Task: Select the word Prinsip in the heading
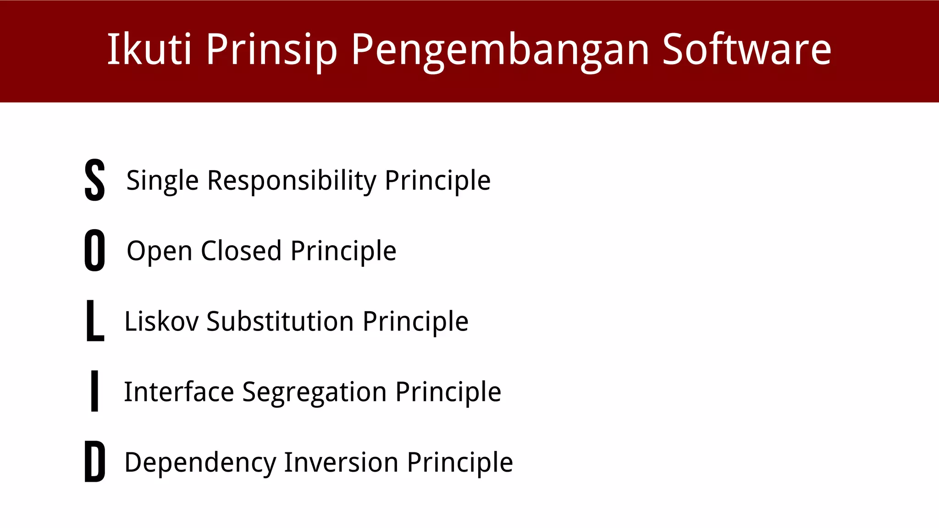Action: [x=271, y=49]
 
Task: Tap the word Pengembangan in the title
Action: [x=500, y=49]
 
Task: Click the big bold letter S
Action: [x=95, y=180]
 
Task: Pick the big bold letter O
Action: [x=95, y=250]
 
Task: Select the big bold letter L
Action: [x=95, y=320]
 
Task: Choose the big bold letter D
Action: [x=95, y=462]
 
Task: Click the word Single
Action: [x=162, y=181]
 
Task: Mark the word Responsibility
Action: [x=292, y=181]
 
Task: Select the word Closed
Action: [x=241, y=251]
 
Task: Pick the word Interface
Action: [x=179, y=392]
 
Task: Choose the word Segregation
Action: [x=314, y=393]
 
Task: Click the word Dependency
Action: [x=200, y=462]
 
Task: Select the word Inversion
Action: [x=341, y=462]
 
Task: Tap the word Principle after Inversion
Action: [x=460, y=462]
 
